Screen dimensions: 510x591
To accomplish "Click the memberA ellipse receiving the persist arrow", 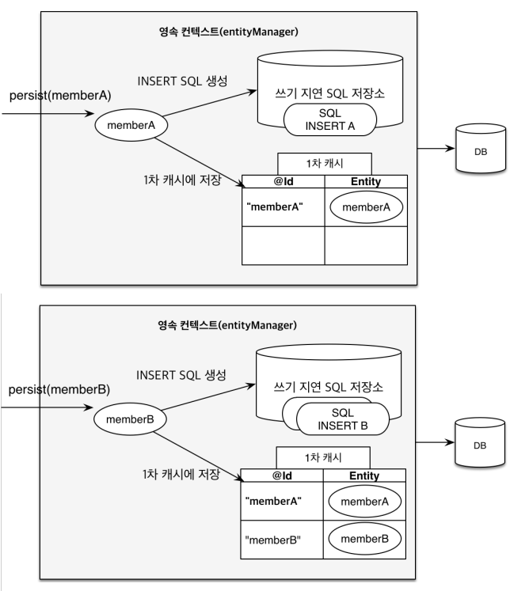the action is pos(131,125).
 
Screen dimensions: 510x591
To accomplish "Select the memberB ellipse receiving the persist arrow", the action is pos(130,419).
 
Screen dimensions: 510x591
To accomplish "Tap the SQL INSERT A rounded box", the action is pos(330,119).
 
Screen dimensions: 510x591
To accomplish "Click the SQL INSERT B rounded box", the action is pos(343,419).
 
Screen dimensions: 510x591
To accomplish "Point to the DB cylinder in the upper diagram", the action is pos(481,148).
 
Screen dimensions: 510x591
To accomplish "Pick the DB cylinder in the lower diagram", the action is pos(479,442).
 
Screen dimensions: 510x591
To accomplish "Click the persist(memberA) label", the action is pos(60,96).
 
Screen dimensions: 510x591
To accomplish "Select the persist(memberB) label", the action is pos(59,389).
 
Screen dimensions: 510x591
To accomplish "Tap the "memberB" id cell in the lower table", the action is pos(282,540).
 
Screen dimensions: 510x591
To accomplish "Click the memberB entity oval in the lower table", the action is pos(364,539).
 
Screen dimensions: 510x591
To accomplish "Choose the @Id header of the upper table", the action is pos(284,182).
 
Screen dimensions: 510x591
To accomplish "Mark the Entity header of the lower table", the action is pos(364,475).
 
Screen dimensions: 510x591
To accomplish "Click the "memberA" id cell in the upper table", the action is pos(284,207).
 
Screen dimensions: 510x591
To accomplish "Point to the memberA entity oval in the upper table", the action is pos(367,207).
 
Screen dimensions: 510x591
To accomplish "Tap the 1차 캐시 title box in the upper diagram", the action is pos(325,164).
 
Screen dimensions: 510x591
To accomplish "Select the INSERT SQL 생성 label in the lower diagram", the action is pos(181,375).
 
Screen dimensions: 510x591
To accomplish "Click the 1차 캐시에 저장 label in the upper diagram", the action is pos(182,180).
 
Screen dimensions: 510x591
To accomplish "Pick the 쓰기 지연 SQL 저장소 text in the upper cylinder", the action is pos(329,93).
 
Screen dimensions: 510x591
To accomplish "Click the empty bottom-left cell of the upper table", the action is pos(284,246).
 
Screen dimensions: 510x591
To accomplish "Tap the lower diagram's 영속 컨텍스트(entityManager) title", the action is pos(227,325).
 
